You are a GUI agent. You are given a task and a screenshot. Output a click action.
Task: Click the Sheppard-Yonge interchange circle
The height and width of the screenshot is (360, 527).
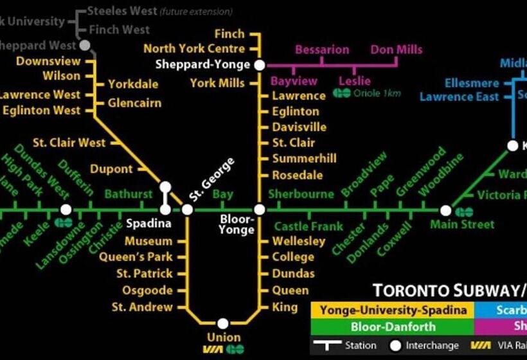click(259, 65)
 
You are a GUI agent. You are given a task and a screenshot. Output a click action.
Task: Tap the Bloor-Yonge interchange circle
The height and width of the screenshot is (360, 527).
click(259, 210)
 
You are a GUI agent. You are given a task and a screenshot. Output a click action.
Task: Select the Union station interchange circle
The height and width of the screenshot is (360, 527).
click(222, 323)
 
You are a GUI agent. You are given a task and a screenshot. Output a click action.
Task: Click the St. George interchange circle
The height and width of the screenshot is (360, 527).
click(187, 210)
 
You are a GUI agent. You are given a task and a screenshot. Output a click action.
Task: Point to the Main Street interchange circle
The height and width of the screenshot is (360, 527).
click(445, 210)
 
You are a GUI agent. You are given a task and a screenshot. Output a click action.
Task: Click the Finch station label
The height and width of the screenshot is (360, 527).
click(229, 34)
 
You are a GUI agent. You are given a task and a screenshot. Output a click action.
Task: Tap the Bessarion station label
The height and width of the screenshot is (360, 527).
click(322, 50)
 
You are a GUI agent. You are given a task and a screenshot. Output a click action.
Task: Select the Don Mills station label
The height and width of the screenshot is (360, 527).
click(397, 50)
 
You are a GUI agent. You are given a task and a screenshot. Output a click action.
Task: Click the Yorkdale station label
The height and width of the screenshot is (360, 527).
click(133, 84)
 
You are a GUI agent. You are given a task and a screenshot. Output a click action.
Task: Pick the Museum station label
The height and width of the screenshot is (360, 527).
click(148, 242)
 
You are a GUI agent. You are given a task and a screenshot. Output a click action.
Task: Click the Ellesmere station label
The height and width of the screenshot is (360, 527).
click(472, 84)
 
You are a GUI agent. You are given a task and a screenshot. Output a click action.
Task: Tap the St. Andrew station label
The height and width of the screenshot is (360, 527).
click(142, 307)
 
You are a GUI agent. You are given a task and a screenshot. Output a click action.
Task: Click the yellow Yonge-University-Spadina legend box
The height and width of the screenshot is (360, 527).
click(392, 310)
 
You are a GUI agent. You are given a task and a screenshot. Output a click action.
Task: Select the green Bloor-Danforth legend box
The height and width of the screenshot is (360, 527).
click(392, 327)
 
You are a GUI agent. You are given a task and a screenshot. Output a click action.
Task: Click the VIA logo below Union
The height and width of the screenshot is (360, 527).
click(212, 350)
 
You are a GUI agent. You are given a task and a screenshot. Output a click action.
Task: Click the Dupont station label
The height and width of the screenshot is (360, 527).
click(111, 170)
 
